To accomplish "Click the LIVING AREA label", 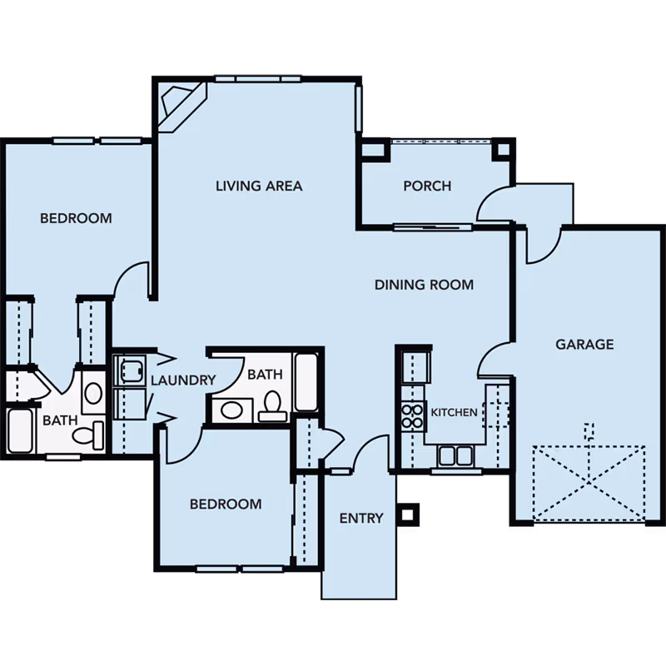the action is [x=259, y=186].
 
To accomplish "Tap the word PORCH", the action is [x=427, y=186].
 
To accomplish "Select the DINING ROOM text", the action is [x=424, y=285].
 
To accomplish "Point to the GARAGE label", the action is [x=584, y=344].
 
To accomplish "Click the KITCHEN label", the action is [x=454, y=412].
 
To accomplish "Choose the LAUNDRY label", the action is [x=183, y=380].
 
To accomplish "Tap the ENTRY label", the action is [x=361, y=518].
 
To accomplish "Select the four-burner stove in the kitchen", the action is [x=412, y=416].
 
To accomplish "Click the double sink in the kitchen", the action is [x=455, y=456].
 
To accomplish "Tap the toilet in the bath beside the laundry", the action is [x=272, y=406].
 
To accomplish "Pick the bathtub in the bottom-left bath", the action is [x=20, y=430].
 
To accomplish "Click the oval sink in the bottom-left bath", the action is [x=93, y=393].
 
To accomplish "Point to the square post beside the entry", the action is [x=407, y=514].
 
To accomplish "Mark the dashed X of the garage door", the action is [x=589, y=483].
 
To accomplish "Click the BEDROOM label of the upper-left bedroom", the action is [x=76, y=218].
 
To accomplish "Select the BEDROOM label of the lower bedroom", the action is [x=226, y=504].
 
